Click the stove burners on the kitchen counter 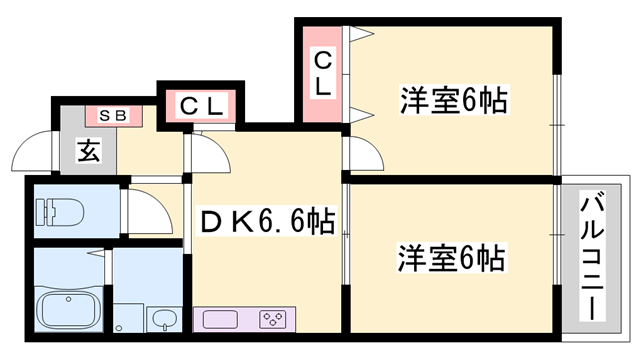point(272,320)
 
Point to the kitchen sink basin point(220,320)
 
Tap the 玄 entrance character point(87,152)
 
